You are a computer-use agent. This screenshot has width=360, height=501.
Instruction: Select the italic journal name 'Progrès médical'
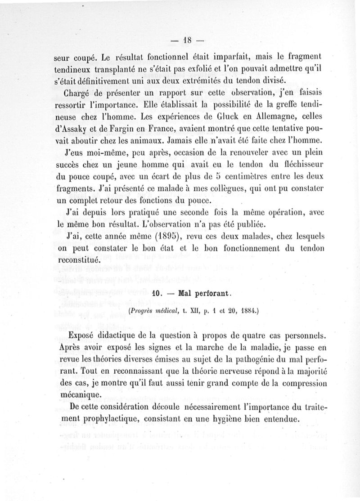pos(151,310)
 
